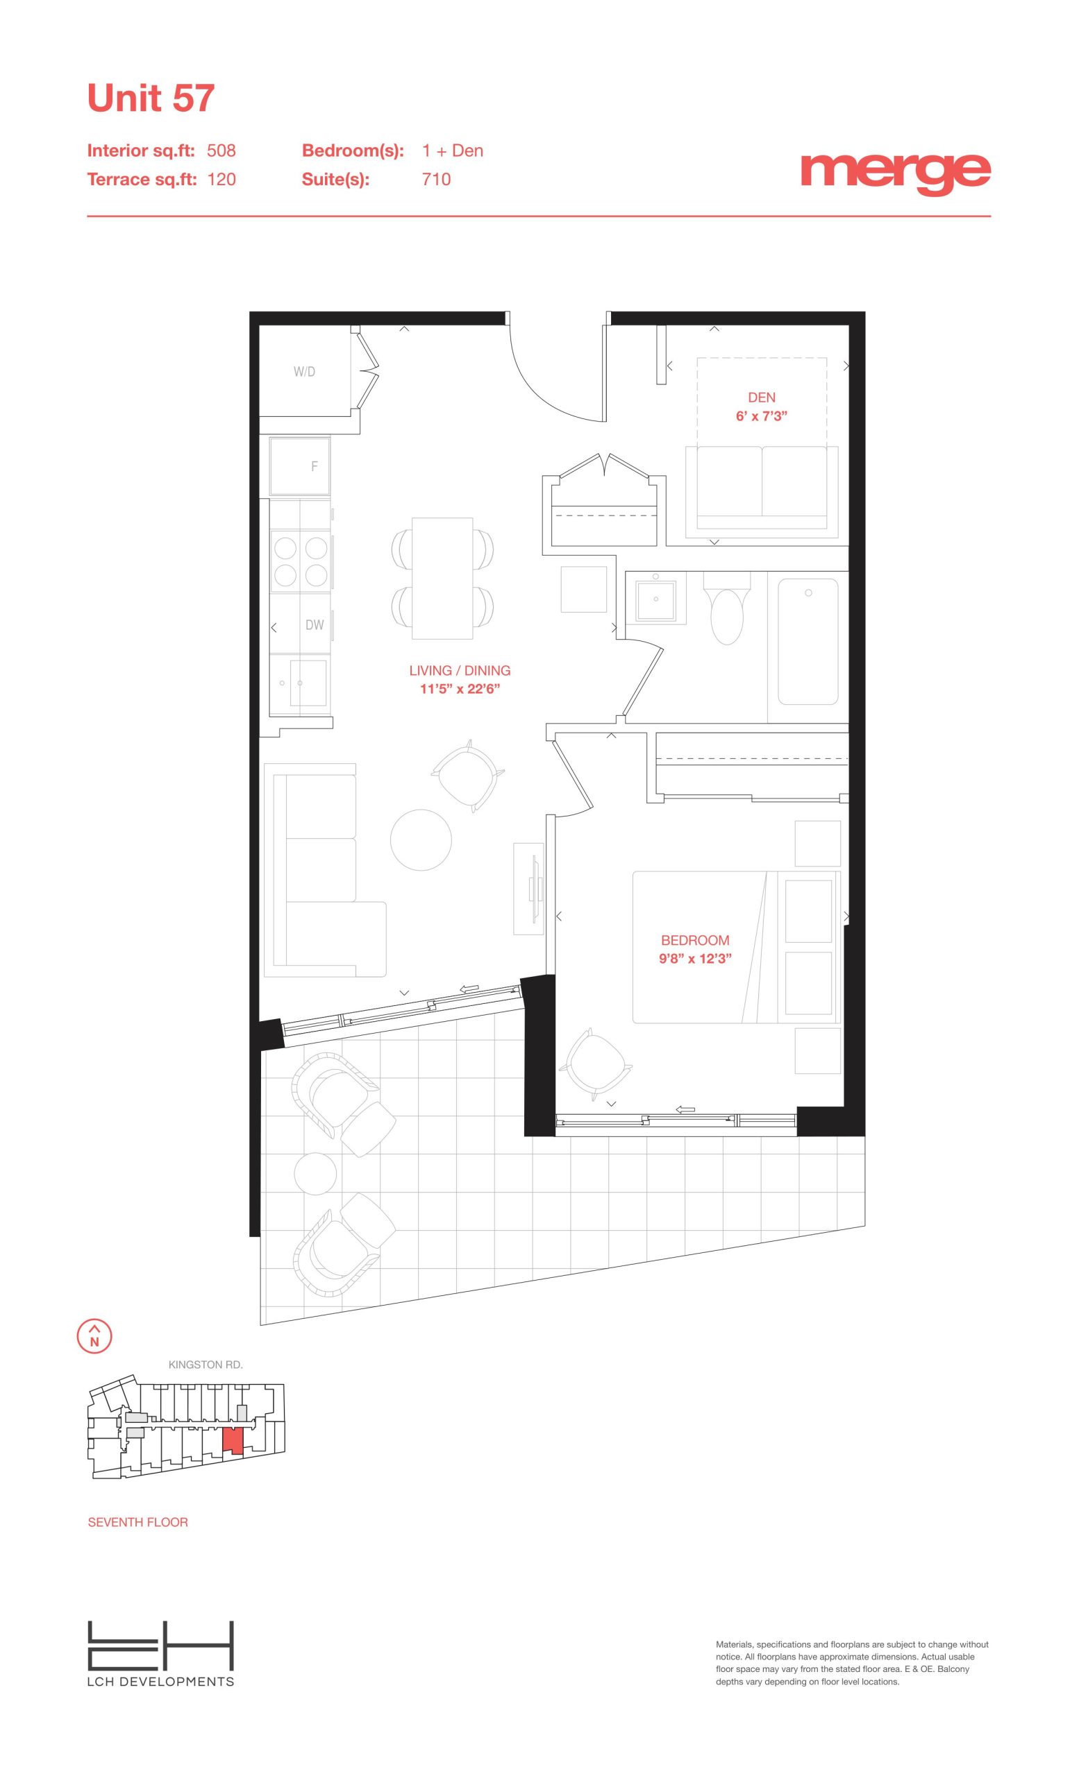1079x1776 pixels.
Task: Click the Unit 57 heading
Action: [151, 98]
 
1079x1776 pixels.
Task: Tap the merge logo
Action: [895, 173]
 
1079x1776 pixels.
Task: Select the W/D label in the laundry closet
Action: [304, 372]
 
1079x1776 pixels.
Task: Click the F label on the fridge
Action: [315, 466]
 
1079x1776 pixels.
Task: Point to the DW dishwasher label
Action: [315, 625]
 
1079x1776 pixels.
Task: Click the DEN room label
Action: [762, 397]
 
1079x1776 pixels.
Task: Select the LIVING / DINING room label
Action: [460, 670]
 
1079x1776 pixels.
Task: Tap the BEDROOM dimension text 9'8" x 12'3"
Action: [695, 959]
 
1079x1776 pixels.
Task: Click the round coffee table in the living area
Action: [421, 839]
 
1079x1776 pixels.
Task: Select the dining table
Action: [443, 578]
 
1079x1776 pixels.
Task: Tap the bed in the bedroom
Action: [737, 947]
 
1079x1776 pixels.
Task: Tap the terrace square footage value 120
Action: [221, 180]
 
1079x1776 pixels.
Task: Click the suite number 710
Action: [436, 180]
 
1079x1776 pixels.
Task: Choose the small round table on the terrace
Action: [316, 1173]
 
